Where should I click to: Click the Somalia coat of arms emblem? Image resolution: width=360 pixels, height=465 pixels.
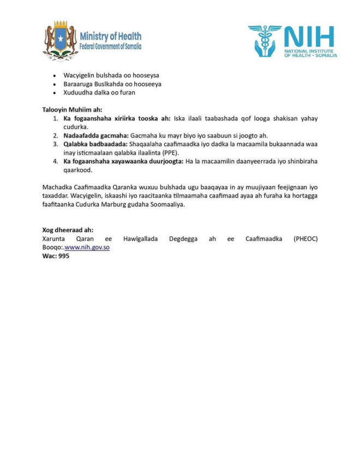60,41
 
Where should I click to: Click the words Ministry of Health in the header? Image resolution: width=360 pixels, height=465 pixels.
110,37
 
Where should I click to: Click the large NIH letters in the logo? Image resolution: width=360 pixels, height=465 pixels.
309,37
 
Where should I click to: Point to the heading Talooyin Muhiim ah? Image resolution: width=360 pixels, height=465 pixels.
72,110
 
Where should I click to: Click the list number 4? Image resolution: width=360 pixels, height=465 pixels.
55,161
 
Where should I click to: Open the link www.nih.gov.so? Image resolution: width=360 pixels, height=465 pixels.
87,247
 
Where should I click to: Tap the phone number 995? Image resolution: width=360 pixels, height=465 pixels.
63,256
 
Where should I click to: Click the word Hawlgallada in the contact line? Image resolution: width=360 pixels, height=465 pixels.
141,239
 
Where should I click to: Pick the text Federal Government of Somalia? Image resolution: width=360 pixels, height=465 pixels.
110,47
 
